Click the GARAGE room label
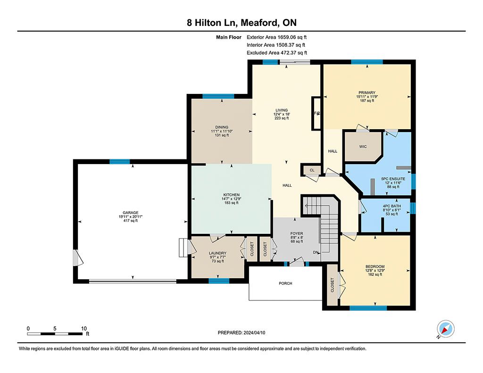click(130, 213)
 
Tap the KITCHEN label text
click(231, 195)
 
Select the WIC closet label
click(363, 147)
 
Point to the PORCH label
click(285, 283)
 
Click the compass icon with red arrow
click(445, 329)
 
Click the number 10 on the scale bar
click(84, 328)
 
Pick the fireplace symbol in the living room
click(317, 113)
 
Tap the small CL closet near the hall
click(312, 170)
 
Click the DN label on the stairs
click(316, 253)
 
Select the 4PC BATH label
click(392, 206)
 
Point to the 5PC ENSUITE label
click(393, 179)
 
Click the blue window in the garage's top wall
click(120, 161)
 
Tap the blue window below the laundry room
click(219, 281)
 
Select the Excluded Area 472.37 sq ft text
click(277, 53)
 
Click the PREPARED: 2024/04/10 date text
click(241, 332)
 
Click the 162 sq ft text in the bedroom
click(375, 274)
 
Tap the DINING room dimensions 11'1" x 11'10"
click(222, 131)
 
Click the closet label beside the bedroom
click(332, 285)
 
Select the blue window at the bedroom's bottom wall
click(368, 308)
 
